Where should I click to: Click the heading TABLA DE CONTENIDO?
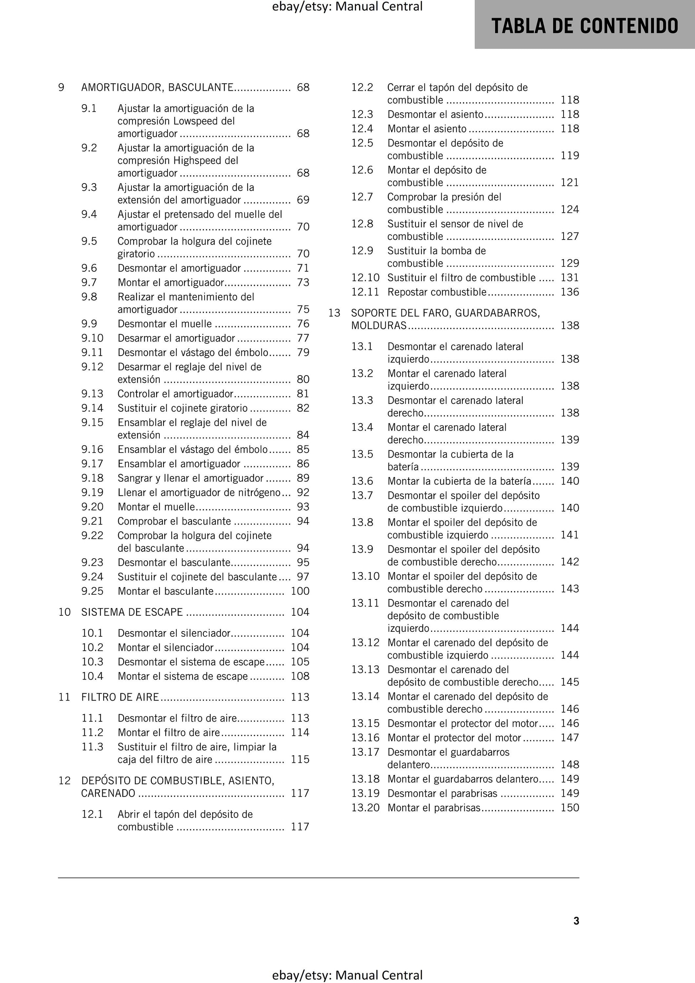(x=584, y=26)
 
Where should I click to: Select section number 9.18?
(x=92, y=478)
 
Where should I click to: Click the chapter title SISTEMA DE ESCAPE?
(x=132, y=612)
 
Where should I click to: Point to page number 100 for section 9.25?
(x=300, y=591)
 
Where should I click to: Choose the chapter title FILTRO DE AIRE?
(x=120, y=697)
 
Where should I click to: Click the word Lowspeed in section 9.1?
(x=197, y=121)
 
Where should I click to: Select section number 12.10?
(x=365, y=278)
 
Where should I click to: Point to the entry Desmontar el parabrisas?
(x=442, y=793)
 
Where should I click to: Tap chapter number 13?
(x=334, y=313)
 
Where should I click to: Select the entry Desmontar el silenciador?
(x=174, y=633)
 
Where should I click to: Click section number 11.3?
(x=92, y=747)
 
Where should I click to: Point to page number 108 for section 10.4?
(x=300, y=676)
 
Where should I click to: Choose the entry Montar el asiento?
(x=427, y=129)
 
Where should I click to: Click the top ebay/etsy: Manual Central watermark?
(x=347, y=6)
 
